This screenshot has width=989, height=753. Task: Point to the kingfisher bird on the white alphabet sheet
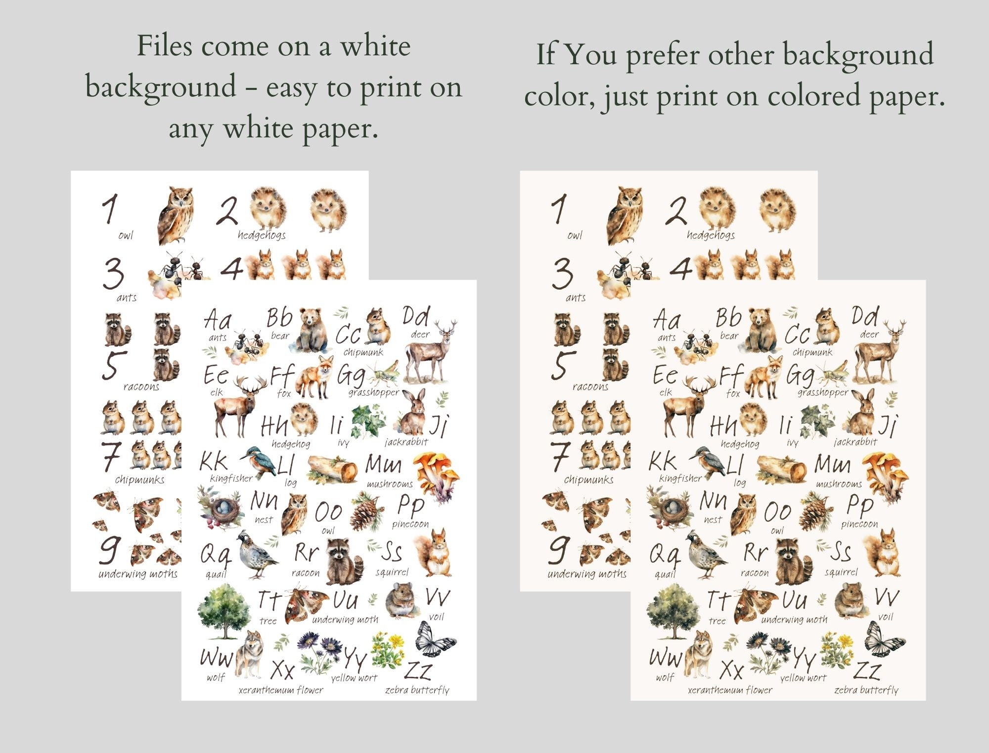click(258, 460)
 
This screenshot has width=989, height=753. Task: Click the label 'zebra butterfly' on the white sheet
click(417, 690)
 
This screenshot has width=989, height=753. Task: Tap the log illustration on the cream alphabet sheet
click(782, 469)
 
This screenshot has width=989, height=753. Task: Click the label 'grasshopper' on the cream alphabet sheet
click(822, 392)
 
